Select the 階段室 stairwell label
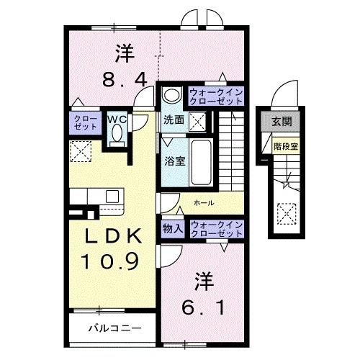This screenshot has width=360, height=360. coord(285,145)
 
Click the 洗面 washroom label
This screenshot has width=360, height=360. coord(172,120)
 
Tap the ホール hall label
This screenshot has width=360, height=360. coord(204,203)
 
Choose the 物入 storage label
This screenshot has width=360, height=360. coord(173,229)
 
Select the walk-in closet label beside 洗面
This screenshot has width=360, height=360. coord(216,96)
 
